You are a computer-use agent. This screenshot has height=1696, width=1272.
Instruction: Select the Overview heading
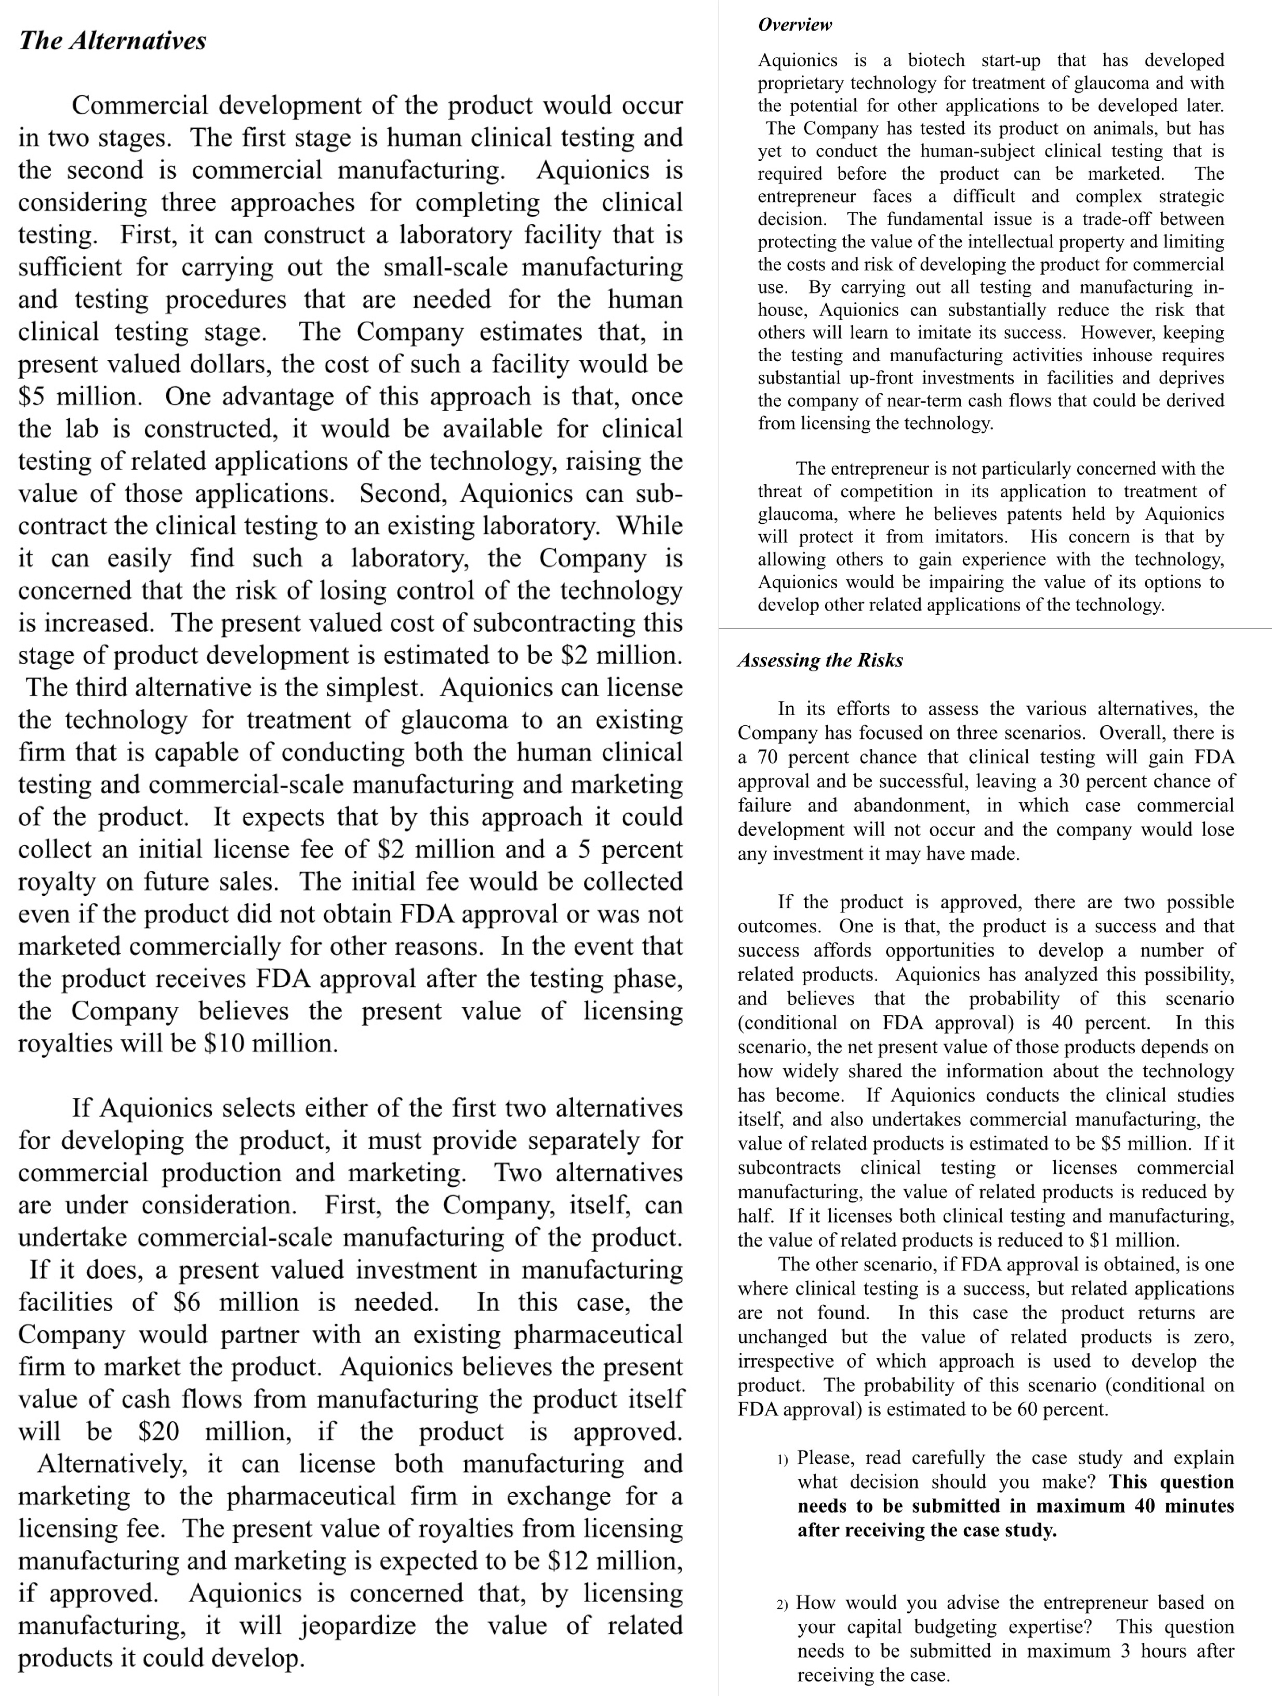pos(794,24)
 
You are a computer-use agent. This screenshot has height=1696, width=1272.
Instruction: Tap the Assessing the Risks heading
pos(819,660)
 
